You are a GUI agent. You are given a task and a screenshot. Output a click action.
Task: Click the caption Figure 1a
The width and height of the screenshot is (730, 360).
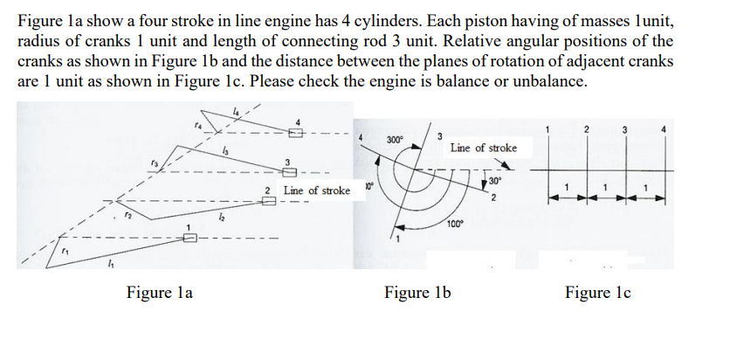[160, 292]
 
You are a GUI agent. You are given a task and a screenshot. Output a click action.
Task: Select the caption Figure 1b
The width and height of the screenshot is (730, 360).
[417, 292]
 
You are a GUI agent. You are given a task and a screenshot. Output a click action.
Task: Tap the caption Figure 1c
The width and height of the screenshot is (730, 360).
[597, 292]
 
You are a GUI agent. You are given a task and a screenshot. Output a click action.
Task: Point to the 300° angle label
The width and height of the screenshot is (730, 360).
[395, 139]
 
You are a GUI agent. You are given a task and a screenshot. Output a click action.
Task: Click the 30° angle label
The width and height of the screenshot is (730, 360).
[496, 181]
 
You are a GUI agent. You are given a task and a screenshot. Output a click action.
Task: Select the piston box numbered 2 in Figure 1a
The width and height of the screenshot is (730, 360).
[265, 202]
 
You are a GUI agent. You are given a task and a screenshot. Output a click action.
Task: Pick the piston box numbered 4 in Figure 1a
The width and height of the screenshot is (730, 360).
[296, 132]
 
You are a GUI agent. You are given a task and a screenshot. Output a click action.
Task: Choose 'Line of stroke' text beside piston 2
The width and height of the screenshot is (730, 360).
[317, 190]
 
